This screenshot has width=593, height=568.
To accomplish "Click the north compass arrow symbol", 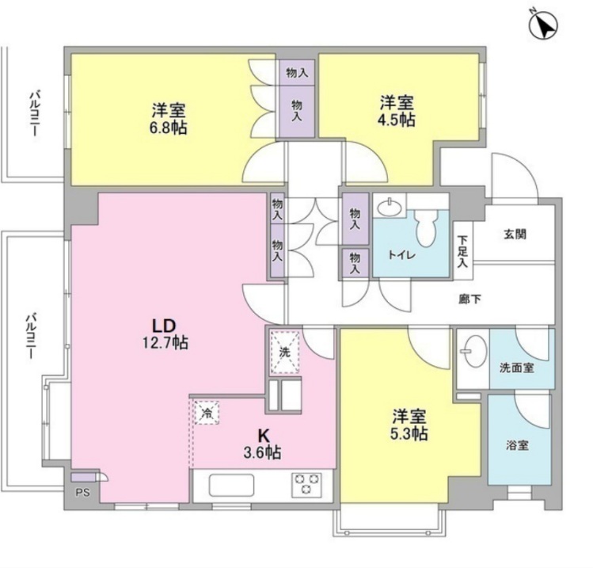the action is [543, 26].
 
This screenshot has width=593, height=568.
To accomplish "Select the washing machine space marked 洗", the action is [285, 353].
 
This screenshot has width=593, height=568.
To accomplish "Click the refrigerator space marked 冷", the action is [207, 413].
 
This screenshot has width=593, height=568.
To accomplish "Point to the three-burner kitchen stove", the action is [306, 485].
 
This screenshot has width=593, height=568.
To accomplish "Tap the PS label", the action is [82, 493].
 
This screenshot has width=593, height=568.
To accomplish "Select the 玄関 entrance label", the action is [515, 234].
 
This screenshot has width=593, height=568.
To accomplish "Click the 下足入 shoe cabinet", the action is [462, 251].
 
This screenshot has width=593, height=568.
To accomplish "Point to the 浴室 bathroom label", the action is [517, 445].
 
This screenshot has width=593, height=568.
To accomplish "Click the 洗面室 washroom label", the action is [517, 368].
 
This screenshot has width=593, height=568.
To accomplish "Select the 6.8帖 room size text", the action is [169, 128].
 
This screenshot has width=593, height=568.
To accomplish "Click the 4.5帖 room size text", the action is [396, 120].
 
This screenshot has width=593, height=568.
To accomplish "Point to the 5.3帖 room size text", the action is [409, 433].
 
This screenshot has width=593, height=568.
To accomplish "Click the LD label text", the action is [164, 326].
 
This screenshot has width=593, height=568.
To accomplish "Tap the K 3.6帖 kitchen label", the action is [263, 444].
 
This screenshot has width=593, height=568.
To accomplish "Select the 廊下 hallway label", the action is [470, 299].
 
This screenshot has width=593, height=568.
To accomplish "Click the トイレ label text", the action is [401, 255].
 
